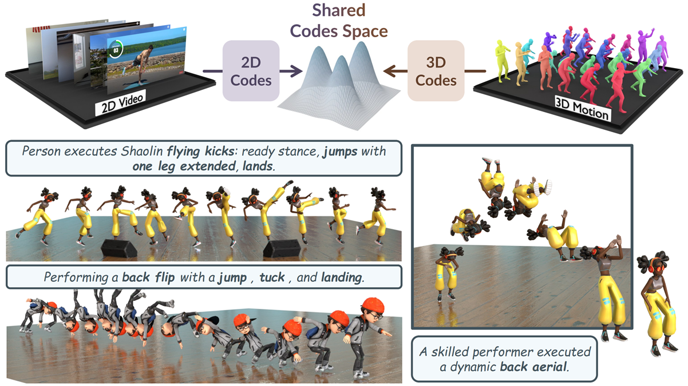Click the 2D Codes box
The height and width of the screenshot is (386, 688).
[251, 71]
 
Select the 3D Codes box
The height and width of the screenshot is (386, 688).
[436, 71]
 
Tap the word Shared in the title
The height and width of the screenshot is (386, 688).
[339, 10]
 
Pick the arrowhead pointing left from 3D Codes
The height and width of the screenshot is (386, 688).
[390, 71]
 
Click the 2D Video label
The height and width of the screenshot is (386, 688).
[122, 102]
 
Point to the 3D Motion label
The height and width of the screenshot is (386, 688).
[582, 108]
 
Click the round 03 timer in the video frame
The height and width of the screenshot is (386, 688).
[116, 49]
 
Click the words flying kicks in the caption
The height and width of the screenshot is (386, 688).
[200, 152]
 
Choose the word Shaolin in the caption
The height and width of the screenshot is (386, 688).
[141, 152]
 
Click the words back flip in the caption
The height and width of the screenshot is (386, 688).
[148, 277]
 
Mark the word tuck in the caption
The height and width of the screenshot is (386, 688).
[272, 277]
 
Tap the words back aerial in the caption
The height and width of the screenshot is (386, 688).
[533, 367]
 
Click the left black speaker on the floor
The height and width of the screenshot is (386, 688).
[119, 248]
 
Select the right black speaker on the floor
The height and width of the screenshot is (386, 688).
[282, 248]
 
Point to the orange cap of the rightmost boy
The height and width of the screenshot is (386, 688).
[373, 305]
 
